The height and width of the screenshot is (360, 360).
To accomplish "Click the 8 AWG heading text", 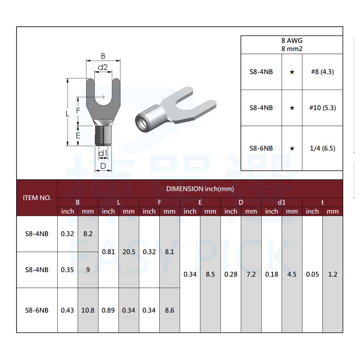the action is (292, 41).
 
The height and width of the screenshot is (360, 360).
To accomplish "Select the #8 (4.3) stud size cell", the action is (322, 72).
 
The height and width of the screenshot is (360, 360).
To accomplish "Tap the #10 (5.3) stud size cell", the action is (322, 108).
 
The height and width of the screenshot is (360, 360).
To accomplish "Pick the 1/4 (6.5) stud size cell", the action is (322, 148).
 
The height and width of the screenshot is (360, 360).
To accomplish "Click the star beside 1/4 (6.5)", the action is (292, 149).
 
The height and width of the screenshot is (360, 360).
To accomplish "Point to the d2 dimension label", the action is (103, 67).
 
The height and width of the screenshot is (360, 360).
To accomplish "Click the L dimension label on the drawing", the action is (67, 114).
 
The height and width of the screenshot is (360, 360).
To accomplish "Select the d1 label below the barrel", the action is (103, 153).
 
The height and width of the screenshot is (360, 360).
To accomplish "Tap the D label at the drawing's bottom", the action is (103, 166).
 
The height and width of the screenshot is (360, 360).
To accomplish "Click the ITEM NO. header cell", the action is (37, 198).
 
